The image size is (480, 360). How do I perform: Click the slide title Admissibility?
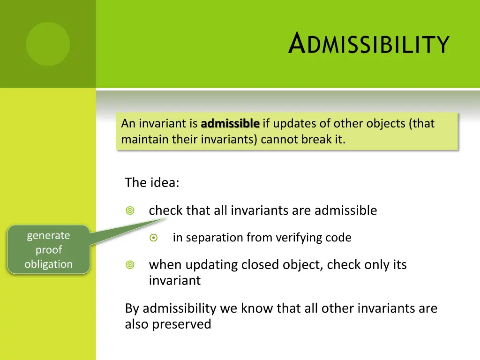click(369, 44)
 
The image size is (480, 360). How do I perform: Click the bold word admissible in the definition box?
click(230, 124)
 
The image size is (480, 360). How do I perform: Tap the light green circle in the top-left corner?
click(48, 44)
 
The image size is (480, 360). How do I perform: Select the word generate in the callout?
click(48, 235)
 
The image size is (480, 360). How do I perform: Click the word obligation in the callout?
click(48, 264)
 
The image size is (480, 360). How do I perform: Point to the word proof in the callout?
click(48, 250)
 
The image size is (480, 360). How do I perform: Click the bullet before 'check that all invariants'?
click(130, 211)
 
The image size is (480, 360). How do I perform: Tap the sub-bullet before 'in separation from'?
click(153, 238)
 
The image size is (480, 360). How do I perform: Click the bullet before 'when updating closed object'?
click(130, 265)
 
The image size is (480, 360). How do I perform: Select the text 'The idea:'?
click(152, 182)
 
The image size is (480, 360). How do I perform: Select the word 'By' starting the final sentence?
click(132, 308)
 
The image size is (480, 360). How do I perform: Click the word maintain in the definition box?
click(141, 139)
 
